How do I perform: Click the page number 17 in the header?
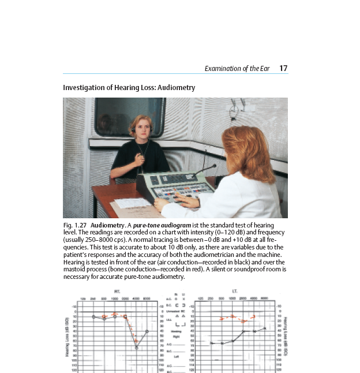click(x=283, y=68)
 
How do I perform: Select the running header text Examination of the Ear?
click(x=237, y=69)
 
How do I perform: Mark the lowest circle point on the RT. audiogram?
click(x=137, y=348)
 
